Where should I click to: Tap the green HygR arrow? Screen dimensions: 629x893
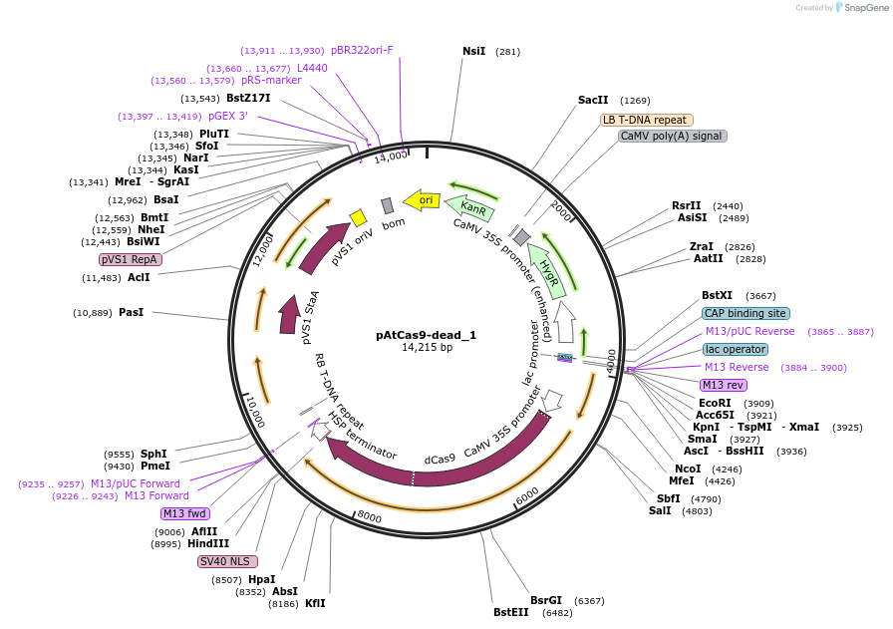pyautogui.click(x=548, y=270)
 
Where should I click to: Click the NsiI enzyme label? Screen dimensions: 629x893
pyautogui.click(x=474, y=51)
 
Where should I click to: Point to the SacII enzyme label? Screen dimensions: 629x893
pyautogui.click(x=593, y=100)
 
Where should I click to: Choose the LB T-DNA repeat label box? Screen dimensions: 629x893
pyautogui.click(x=645, y=120)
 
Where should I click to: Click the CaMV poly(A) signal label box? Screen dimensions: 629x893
pyautogui.click(x=672, y=136)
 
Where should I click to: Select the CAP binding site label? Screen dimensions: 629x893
pyautogui.click(x=745, y=313)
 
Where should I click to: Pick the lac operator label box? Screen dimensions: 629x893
pyautogui.click(x=735, y=349)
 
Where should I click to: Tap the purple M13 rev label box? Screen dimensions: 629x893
pyautogui.click(x=723, y=385)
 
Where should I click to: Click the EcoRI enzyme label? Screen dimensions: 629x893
pyautogui.click(x=715, y=403)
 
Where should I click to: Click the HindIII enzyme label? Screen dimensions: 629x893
pyautogui.click(x=208, y=544)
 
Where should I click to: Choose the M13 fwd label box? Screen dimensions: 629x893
pyautogui.click(x=185, y=513)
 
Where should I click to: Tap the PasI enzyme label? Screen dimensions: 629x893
pyautogui.click(x=132, y=312)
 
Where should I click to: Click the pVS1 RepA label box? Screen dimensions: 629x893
pyautogui.click(x=130, y=259)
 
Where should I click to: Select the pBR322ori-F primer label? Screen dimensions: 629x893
pyautogui.click(x=362, y=50)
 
